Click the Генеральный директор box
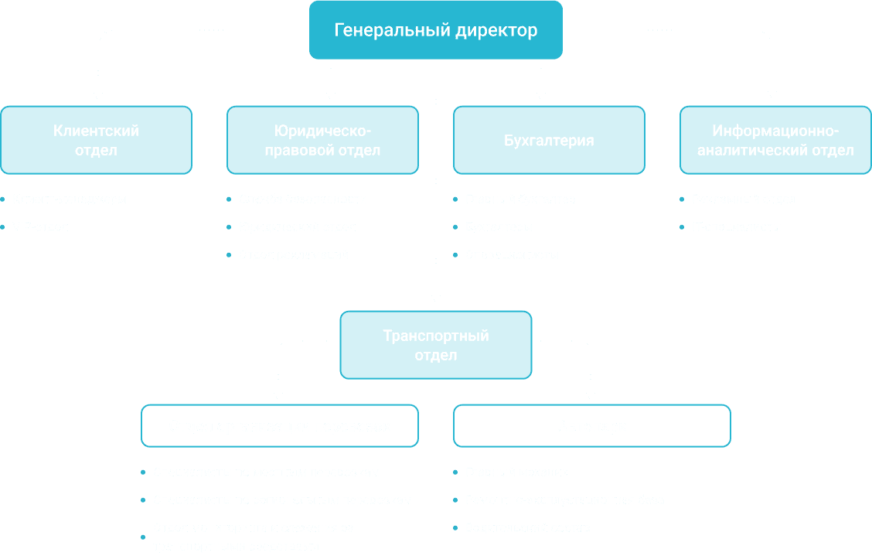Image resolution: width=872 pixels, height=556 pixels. (435, 30)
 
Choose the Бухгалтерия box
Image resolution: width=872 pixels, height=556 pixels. (549, 140)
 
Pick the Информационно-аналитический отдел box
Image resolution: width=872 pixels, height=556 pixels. (775, 140)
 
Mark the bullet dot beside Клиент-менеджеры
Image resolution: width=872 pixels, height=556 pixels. (3, 200)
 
